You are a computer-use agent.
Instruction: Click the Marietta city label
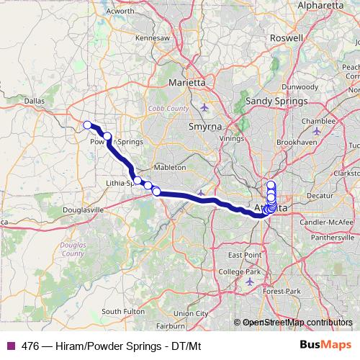pyautogui.click(x=186, y=83)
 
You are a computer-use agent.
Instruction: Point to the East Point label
pyautogui.click(x=245, y=256)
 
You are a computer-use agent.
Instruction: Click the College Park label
pyautogui.click(x=239, y=271)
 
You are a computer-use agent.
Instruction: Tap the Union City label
pyautogui.click(x=191, y=313)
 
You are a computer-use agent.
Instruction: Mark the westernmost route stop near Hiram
pyautogui.click(x=87, y=125)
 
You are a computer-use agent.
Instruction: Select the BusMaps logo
pyautogui.click(x=326, y=345)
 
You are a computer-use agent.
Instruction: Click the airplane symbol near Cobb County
pyautogui.click(x=204, y=108)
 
